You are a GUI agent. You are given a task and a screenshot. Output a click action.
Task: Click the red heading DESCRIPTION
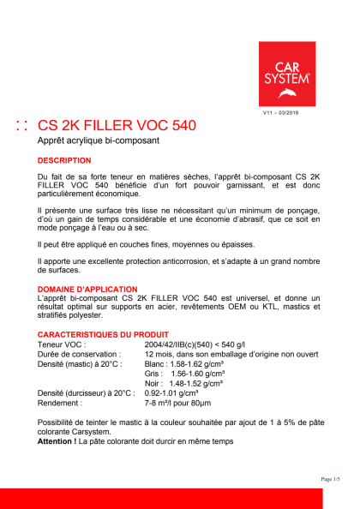coord(64,161)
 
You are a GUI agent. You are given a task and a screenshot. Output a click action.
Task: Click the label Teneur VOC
coord(62,344)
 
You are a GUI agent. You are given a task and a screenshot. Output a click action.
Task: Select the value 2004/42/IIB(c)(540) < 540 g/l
coord(198,344)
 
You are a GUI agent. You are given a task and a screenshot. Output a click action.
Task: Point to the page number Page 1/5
coord(330,479)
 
